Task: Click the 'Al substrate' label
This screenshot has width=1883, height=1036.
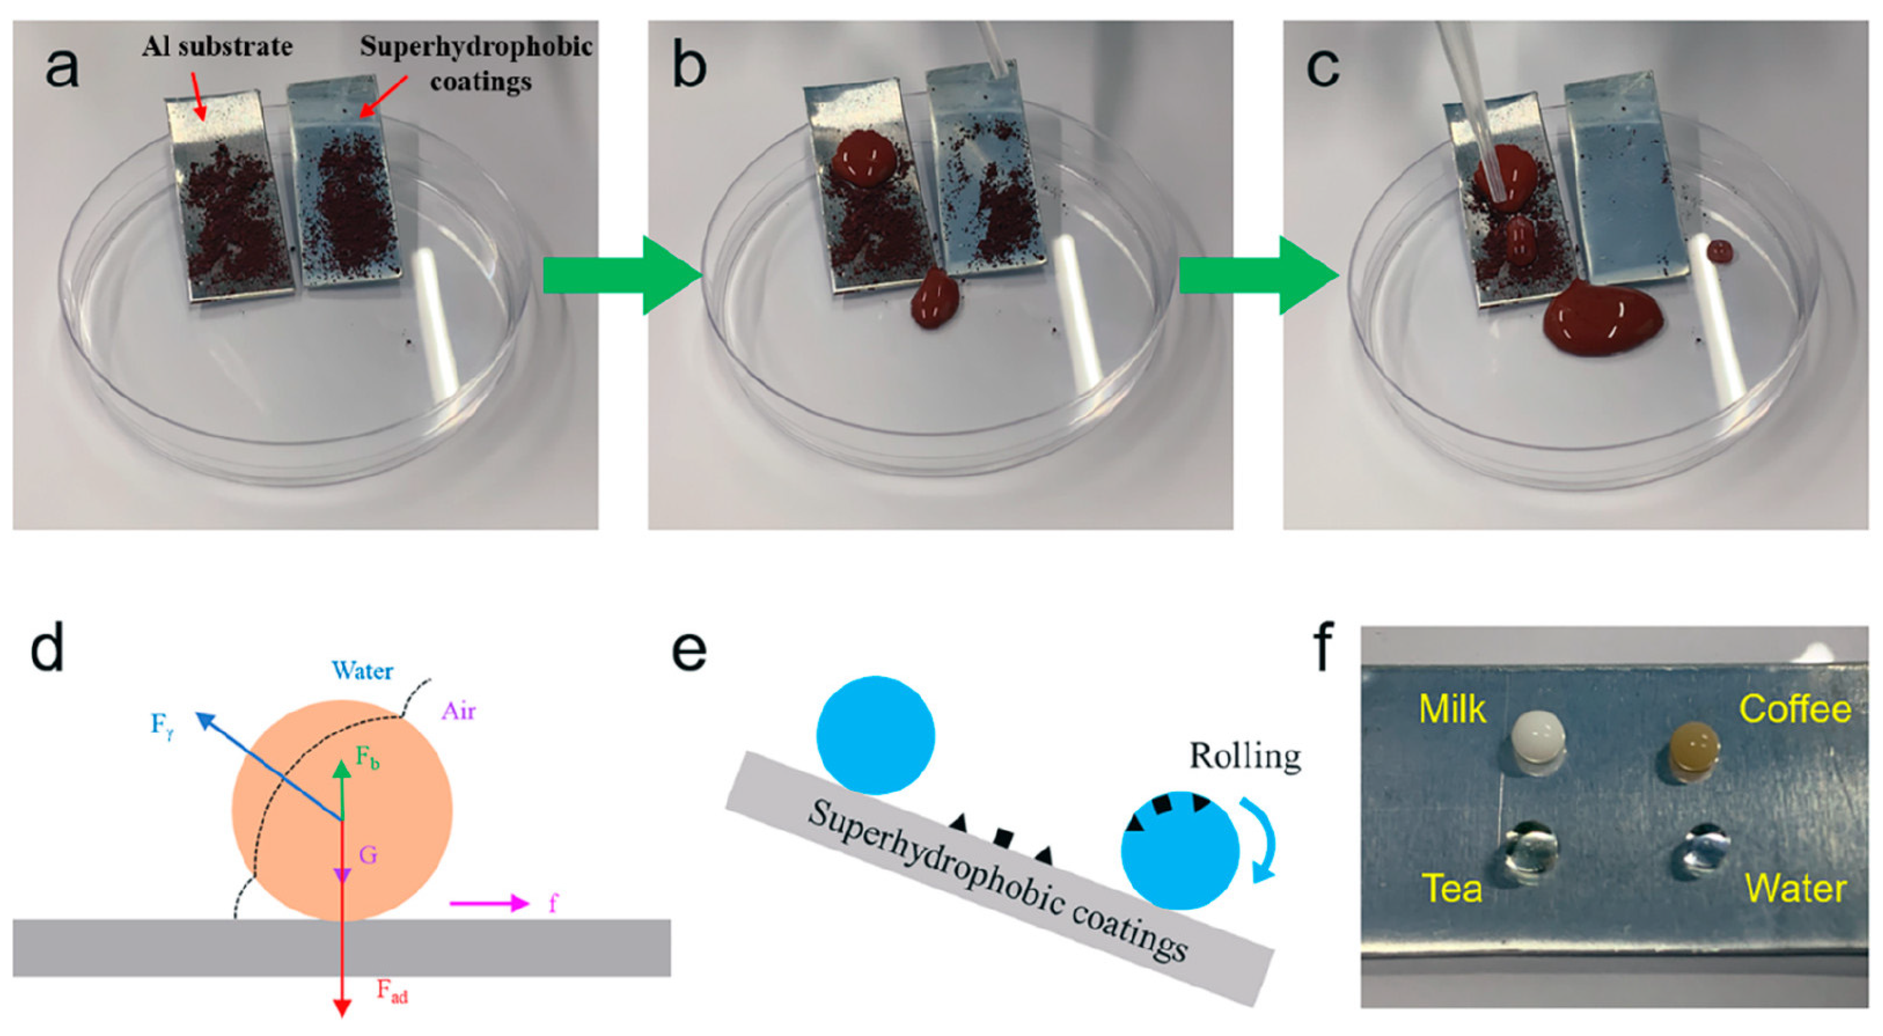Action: click(x=217, y=47)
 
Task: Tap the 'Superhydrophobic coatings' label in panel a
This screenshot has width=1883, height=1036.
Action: click(x=476, y=63)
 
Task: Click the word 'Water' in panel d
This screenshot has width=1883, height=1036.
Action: click(x=363, y=671)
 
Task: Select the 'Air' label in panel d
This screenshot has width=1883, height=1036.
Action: click(x=458, y=710)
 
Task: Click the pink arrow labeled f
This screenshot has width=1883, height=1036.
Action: click(x=488, y=904)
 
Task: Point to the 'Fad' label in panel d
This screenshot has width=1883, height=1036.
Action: click(x=393, y=991)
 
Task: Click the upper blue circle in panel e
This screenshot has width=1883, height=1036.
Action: click(x=875, y=735)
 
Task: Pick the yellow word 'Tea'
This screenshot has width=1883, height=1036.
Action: click(x=1452, y=888)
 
